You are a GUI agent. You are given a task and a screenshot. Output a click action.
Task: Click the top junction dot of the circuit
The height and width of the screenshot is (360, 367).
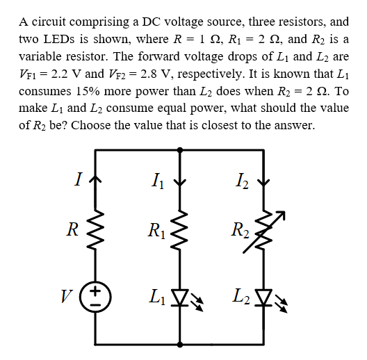tap(181, 149)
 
